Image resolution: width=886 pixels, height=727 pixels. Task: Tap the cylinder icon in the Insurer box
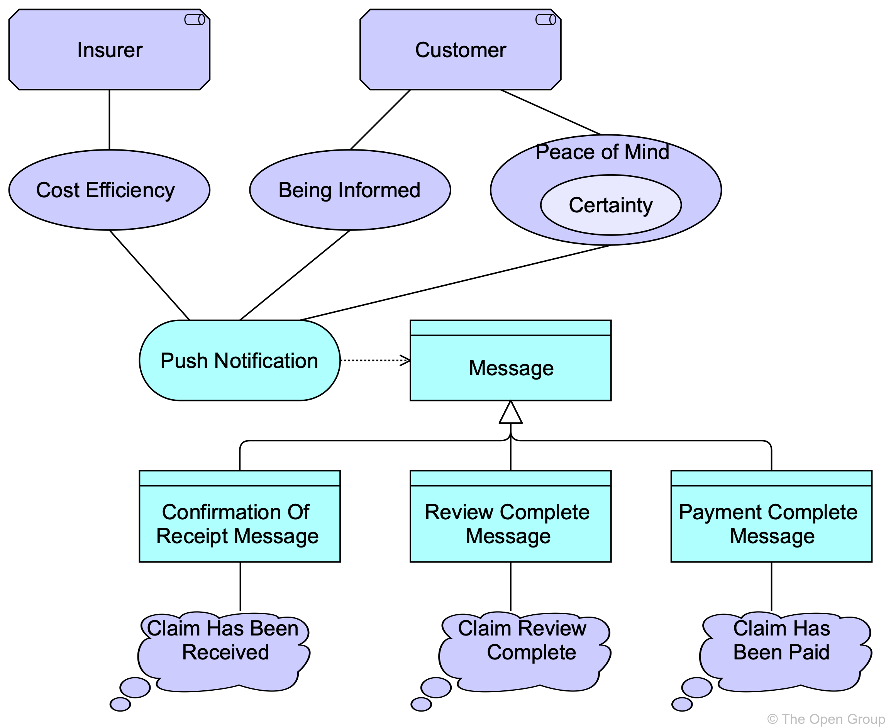coord(195,20)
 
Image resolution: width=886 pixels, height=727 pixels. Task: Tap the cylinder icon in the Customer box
coord(545,20)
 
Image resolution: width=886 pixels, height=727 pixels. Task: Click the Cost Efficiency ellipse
coord(109,190)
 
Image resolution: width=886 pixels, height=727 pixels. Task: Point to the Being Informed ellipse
coord(350,190)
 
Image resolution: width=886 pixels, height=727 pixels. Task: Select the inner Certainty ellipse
coord(610,205)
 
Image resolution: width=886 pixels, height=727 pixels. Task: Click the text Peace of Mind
coord(602,152)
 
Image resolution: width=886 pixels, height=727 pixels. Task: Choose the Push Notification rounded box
coord(239,361)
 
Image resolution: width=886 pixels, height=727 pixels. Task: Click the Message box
coord(510,368)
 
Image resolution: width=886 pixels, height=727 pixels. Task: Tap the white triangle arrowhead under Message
coord(510,414)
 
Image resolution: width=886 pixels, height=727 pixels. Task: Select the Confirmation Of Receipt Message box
coord(239,524)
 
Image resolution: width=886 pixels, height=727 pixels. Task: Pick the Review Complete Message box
coord(510,524)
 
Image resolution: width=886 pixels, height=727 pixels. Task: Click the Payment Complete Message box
coord(771,524)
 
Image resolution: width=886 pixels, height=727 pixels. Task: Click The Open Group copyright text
coord(826,719)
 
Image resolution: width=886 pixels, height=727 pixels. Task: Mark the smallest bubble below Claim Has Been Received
coord(120,704)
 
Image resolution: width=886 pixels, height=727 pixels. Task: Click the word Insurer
coord(110,50)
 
